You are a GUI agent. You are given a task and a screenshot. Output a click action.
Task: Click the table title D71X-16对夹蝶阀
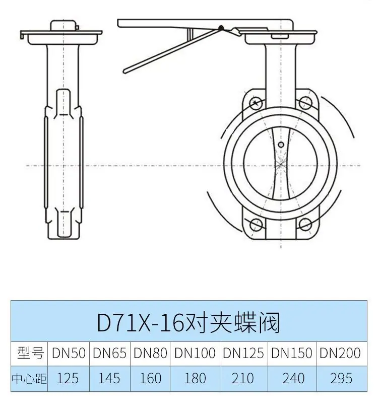coord(188,322)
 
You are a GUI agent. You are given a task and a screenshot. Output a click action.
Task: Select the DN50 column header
coord(69,353)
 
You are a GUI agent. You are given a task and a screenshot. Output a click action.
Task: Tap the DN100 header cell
coord(195,353)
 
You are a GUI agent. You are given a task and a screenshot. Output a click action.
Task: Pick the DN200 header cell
coord(340,353)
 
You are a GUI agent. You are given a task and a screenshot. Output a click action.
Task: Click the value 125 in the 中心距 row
coord(68,378)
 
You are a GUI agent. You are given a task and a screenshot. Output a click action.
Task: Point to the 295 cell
coord(341,378)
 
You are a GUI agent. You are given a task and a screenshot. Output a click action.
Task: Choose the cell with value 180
coord(195,378)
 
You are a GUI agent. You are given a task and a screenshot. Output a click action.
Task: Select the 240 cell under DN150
coord(293,378)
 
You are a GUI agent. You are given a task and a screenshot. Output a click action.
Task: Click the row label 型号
coord(30,353)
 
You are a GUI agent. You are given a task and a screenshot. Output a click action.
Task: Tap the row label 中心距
coord(29,379)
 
